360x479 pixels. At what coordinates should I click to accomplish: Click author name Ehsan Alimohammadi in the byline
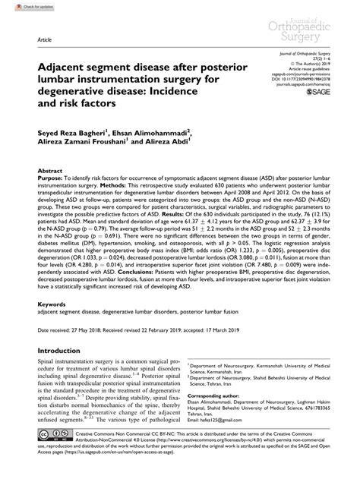[x=176, y=150]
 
